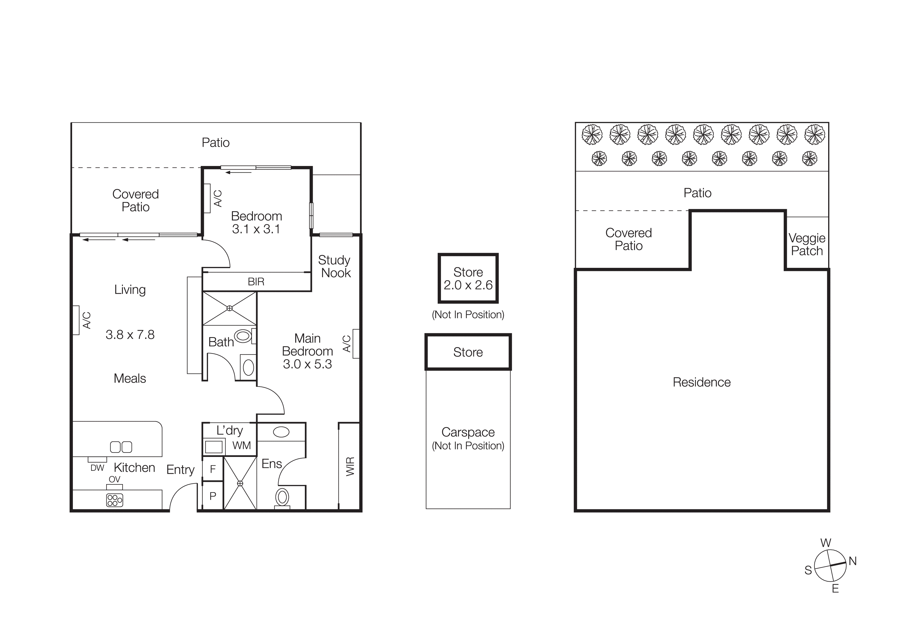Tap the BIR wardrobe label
click(x=256, y=282)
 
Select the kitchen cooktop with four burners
click(x=114, y=500)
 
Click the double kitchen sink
click(x=121, y=447)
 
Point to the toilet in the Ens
click(x=282, y=498)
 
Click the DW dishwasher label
click(x=97, y=468)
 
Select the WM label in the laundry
click(x=241, y=446)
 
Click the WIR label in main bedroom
click(x=350, y=466)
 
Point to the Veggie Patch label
click(x=807, y=244)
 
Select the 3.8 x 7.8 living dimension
click(x=130, y=335)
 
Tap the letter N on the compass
click(x=853, y=561)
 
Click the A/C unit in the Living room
click(x=76, y=320)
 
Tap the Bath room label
click(x=221, y=342)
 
